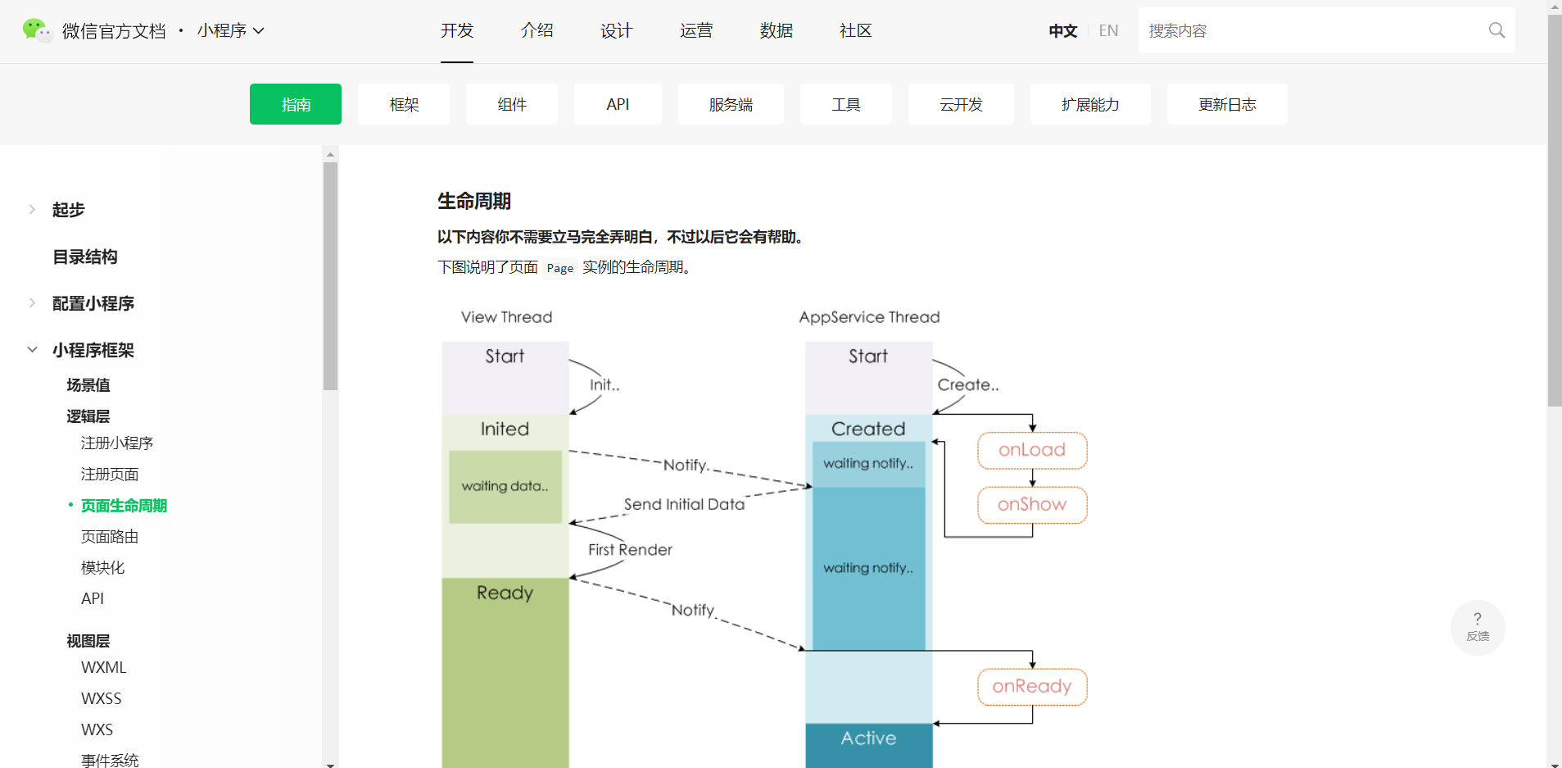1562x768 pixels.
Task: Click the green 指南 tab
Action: pyautogui.click(x=295, y=104)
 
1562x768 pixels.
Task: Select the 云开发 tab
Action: pyautogui.click(x=960, y=104)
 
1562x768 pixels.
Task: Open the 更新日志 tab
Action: pyautogui.click(x=1226, y=104)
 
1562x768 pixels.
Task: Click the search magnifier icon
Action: pyautogui.click(x=1496, y=30)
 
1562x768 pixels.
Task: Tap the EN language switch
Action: pyautogui.click(x=1108, y=30)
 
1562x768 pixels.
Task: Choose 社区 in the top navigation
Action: pyautogui.click(x=855, y=30)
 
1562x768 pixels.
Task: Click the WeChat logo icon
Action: pyautogui.click(x=36, y=30)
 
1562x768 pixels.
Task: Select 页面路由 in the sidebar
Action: pyautogui.click(x=110, y=536)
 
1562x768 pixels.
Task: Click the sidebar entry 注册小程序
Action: pyautogui.click(x=117, y=443)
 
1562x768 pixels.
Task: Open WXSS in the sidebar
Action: pyautogui.click(x=102, y=698)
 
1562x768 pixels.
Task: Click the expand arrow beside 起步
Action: pyautogui.click(x=32, y=209)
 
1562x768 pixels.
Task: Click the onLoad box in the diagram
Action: pyautogui.click(x=1032, y=450)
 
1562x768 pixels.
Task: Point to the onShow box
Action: pyautogui.click(x=1032, y=505)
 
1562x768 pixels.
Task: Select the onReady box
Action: pyautogui.click(x=1032, y=687)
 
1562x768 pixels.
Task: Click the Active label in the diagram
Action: pyautogui.click(x=868, y=738)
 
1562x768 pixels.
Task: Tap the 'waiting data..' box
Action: pyautogui.click(x=505, y=486)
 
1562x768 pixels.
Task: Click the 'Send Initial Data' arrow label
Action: pyautogui.click(x=684, y=504)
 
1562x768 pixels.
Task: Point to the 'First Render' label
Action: pyautogui.click(x=630, y=549)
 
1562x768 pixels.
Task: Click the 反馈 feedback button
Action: pyautogui.click(x=1478, y=627)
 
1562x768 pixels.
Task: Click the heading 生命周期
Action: pyautogui.click(x=474, y=201)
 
